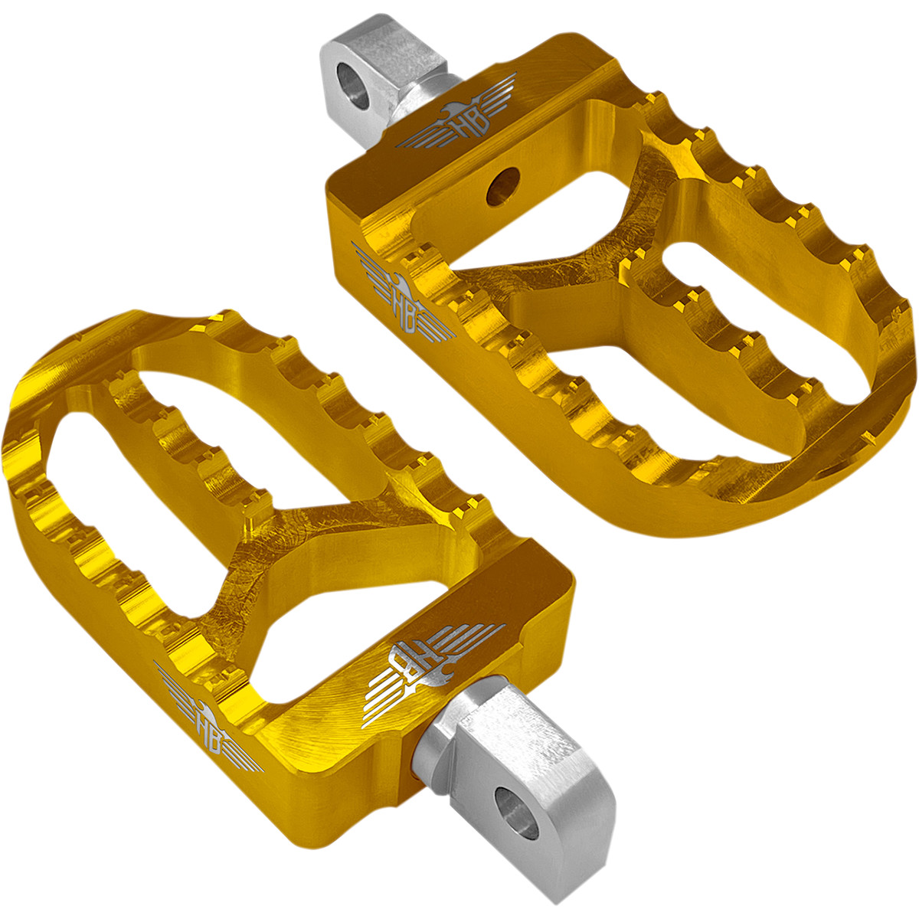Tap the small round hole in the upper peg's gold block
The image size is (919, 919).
click(504, 186)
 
